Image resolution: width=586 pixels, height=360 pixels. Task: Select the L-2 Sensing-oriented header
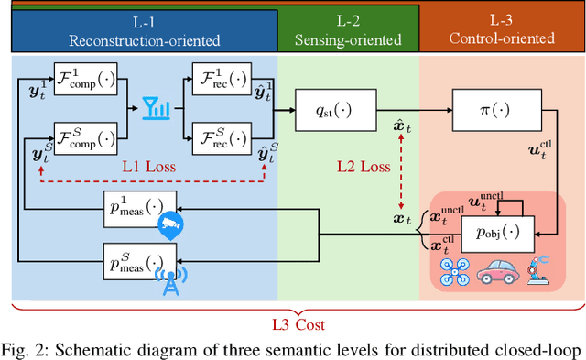click(348, 30)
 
